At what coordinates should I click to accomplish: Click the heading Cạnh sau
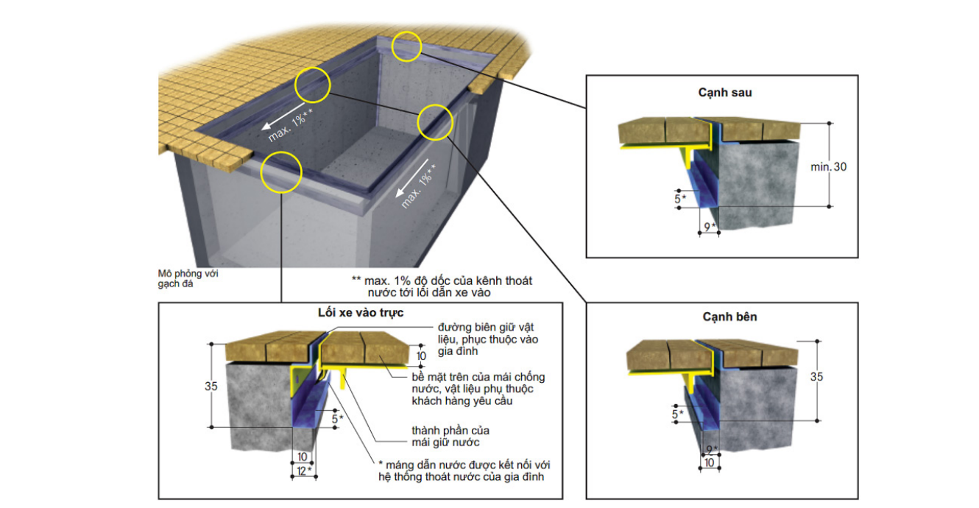[724, 93]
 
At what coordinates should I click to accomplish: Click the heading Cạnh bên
[729, 317]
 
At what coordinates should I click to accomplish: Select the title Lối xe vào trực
[361, 313]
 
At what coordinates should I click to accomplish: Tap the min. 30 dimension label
[828, 166]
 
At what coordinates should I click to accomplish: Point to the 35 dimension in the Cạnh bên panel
[816, 376]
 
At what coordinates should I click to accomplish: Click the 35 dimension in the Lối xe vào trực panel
[211, 386]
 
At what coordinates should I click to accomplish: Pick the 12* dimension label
[304, 471]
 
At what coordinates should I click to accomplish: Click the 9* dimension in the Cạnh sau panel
[710, 227]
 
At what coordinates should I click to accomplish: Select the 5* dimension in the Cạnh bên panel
[677, 414]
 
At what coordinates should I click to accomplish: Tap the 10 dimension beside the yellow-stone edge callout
[421, 356]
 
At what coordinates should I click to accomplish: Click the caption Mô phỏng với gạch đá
[188, 278]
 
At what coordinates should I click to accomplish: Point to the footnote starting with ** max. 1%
[442, 286]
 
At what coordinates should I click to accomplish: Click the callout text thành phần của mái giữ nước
[450, 437]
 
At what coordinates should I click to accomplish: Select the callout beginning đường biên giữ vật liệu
[488, 339]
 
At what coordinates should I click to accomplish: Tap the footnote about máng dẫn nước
[464, 470]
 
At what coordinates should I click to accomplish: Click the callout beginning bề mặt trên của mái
[478, 389]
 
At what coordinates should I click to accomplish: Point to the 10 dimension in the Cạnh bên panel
[710, 462]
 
